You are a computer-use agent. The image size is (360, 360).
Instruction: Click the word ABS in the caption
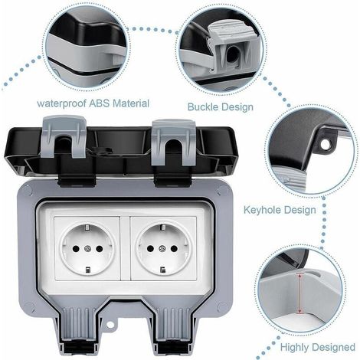click(x=100, y=103)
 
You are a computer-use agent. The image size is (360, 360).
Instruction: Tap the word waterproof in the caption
click(x=61, y=104)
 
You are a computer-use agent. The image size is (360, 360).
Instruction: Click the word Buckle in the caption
click(x=203, y=106)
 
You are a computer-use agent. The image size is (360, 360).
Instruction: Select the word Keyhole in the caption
click(x=262, y=210)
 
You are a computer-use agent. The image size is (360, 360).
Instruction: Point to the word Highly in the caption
click(x=295, y=348)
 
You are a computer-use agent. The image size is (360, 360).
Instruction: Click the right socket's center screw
click(x=162, y=248)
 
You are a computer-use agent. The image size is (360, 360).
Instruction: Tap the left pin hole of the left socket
click(x=76, y=248)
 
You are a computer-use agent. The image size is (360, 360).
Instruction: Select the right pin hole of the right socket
click(x=174, y=248)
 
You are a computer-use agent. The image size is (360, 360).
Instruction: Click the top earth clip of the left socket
click(x=87, y=227)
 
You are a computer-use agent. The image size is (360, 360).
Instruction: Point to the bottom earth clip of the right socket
click(x=162, y=270)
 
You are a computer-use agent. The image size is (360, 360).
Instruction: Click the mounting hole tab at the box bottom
click(x=110, y=325)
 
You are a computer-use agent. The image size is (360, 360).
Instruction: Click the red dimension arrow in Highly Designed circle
click(x=299, y=293)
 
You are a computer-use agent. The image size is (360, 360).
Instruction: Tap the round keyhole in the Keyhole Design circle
click(x=326, y=145)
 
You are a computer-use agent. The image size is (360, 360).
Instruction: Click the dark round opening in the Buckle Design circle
click(x=232, y=54)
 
